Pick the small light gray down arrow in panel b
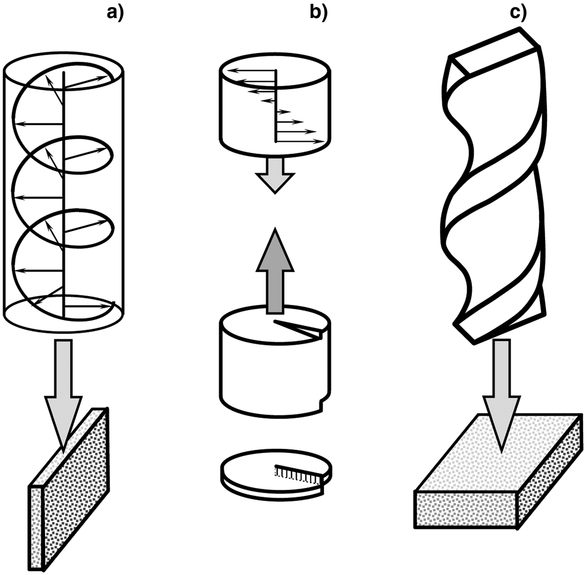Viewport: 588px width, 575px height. tap(275, 175)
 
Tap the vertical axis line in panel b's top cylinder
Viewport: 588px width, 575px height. tap(276, 106)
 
